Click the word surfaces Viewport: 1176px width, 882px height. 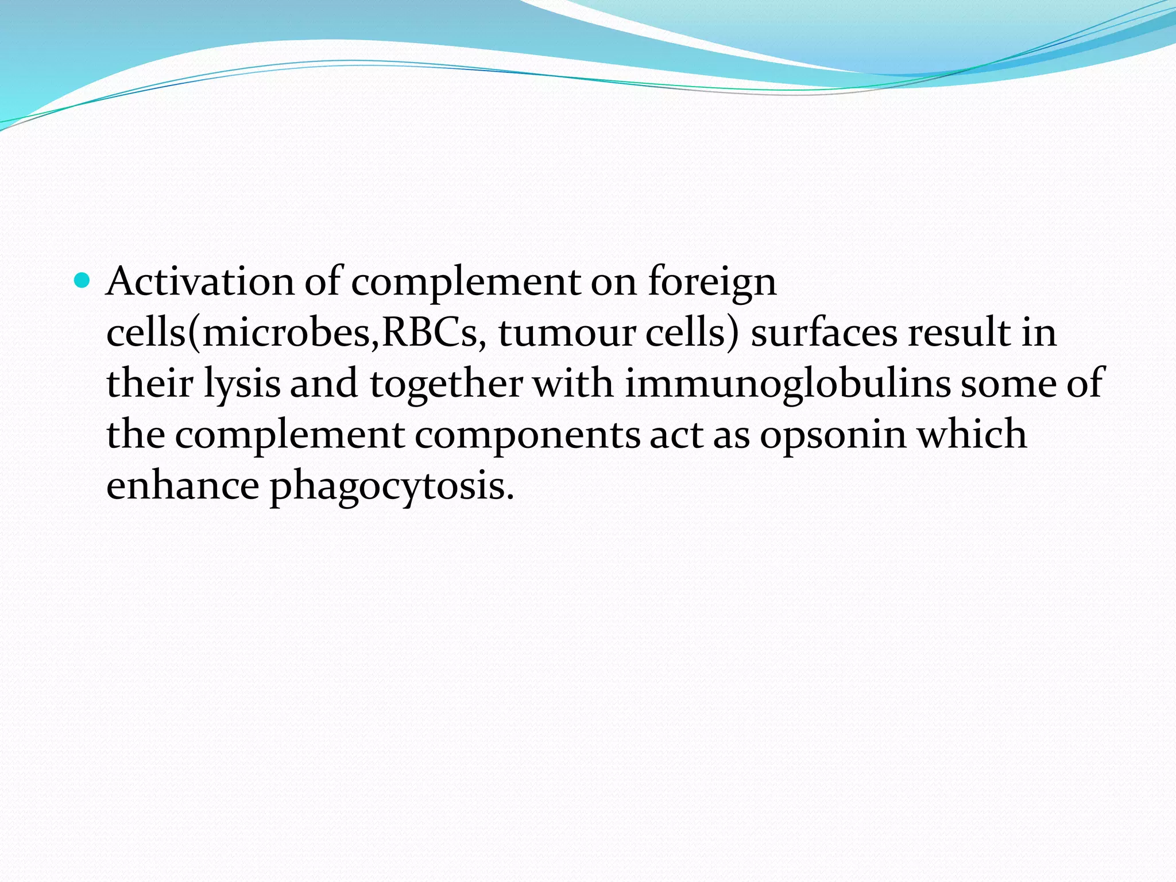[x=823, y=332]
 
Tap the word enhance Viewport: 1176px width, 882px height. [x=183, y=486]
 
